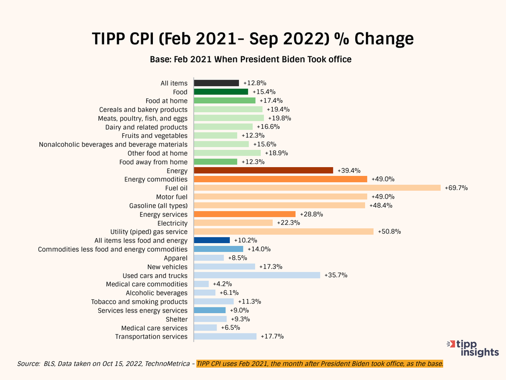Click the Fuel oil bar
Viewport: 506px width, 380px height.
(317, 187)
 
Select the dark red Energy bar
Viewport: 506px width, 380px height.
(263, 170)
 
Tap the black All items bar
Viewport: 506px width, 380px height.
(216, 83)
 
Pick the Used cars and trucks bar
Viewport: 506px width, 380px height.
(257, 275)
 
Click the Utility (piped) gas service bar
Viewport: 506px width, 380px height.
(283, 232)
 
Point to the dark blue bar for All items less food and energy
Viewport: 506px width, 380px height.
(212, 240)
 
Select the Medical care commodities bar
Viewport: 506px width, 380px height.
(201, 284)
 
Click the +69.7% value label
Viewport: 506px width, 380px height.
(456, 188)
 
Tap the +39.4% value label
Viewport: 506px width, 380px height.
(349, 170)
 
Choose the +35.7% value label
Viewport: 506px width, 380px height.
(335, 275)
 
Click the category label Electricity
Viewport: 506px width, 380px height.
(172, 223)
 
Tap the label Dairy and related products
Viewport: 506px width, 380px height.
(146, 127)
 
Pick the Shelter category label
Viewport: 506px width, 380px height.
(177, 319)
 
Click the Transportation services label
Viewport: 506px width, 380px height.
(151, 336)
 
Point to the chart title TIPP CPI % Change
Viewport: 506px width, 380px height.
(252, 39)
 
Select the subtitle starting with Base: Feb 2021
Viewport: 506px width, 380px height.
(250, 59)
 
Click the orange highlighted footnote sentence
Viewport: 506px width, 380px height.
(320, 364)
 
